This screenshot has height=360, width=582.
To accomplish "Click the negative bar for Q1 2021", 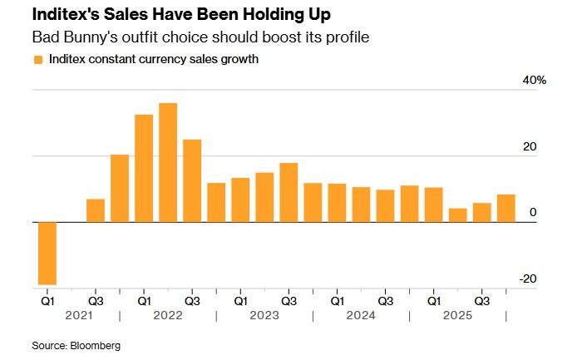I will tap(47, 253).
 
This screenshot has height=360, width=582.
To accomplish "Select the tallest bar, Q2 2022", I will tap(168, 162).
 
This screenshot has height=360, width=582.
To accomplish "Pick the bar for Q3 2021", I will tap(96, 210).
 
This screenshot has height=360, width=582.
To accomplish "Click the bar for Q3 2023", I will tap(289, 192).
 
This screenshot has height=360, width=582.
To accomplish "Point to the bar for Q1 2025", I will tap(433, 205).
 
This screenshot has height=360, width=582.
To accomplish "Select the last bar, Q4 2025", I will tap(506, 208).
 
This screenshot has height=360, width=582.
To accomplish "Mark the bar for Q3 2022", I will tap(192, 180).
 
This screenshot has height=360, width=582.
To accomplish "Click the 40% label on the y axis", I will tap(534, 80).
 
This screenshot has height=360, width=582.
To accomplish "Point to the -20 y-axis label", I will tap(528, 279).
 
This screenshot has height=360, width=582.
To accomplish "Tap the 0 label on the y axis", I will tap(533, 213).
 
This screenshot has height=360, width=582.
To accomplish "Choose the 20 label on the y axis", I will tap(530, 146).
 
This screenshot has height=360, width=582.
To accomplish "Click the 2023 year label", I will tap(264, 316).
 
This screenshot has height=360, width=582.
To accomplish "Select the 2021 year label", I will tap(72, 316).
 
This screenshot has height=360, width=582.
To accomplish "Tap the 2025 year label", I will tap(457, 316).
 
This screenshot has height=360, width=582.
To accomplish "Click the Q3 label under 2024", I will tap(385, 300).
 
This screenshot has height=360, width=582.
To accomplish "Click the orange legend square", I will tap(37, 60).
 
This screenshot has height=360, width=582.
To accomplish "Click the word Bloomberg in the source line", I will tap(96, 345).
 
